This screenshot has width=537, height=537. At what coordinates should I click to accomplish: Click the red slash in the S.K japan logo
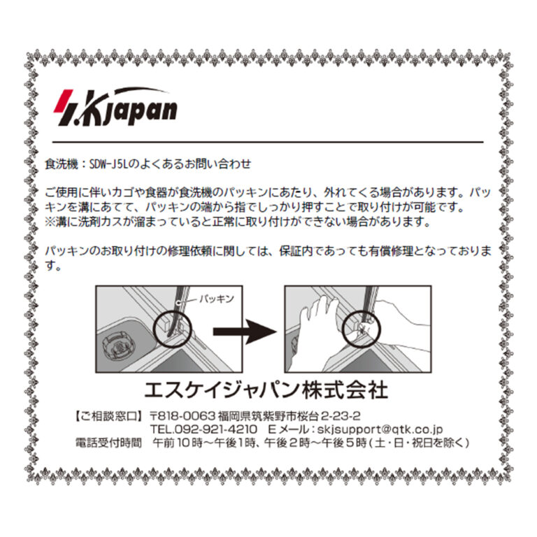click(64, 101)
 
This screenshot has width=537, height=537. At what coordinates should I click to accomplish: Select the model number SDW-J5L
click(108, 164)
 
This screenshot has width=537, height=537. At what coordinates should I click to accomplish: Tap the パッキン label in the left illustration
click(217, 299)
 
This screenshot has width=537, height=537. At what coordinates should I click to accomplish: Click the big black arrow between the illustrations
click(245, 331)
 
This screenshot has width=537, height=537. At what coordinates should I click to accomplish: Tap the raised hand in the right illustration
click(315, 329)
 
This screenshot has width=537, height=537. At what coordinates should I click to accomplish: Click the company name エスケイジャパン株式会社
click(266, 390)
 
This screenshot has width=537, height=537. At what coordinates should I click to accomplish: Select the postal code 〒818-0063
click(182, 416)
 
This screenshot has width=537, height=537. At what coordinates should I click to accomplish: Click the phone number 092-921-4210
click(216, 429)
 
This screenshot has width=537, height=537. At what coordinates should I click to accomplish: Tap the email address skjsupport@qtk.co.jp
click(380, 429)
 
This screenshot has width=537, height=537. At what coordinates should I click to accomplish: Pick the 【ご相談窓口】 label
click(108, 416)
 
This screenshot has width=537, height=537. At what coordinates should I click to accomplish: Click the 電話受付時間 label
click(108, 443)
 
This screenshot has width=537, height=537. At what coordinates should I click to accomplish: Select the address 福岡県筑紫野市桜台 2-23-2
click(289, 416)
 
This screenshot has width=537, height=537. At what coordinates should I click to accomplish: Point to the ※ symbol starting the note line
click(50, 222)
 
